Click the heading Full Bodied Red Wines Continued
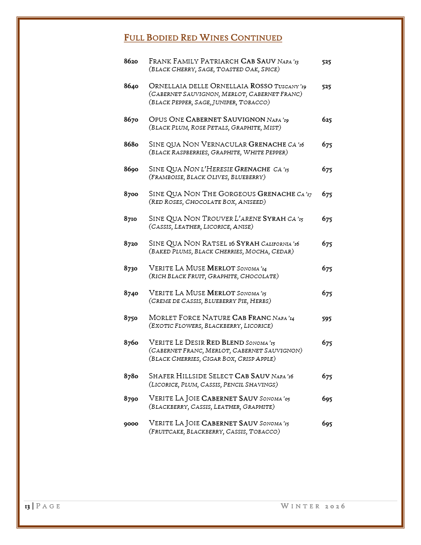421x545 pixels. coord(203,38)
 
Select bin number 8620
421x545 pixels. coord(131,61)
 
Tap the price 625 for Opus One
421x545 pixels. coord(327,120)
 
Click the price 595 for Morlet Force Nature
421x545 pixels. coord(327,318)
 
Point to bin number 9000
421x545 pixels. coord(131,424)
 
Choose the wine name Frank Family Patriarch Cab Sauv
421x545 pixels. coord(213,61)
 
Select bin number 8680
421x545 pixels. coord(131,145)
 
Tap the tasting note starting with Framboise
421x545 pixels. coord(207,177)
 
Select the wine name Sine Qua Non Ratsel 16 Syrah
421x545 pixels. coord(204,244)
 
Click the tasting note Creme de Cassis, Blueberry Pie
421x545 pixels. coord(209,301)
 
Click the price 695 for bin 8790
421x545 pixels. coord(327,399)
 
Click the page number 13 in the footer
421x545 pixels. coord(27,506)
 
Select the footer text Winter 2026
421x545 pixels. coord(313,506)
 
